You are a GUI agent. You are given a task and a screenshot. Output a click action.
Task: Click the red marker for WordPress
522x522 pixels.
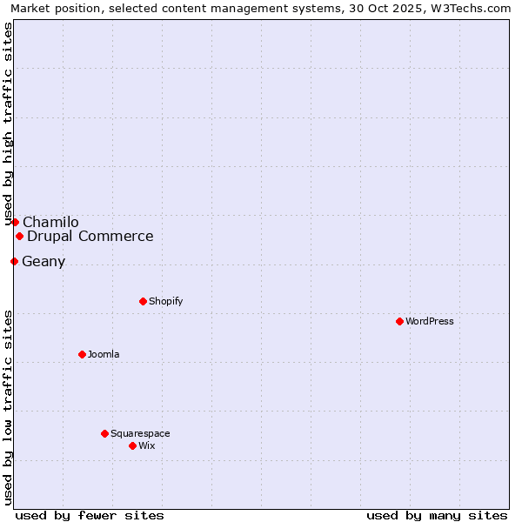(x=399, y=321)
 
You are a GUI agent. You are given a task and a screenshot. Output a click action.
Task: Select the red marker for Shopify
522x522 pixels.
(x=143, y=301)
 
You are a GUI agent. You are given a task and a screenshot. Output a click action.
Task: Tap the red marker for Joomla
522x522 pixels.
(x=82, y=354)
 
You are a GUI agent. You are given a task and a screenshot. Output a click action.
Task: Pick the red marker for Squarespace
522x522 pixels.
(x=104, y=433)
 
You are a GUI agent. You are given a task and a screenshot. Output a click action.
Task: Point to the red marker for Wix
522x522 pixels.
(x=132, y=445)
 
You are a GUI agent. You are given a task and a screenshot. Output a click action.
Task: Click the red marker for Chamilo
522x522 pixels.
(x=15, y=222)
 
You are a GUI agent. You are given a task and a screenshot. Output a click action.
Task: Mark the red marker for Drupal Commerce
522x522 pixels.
(x=19, y=236)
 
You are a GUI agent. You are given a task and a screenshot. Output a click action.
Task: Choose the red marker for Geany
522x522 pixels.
(x=14, y=261)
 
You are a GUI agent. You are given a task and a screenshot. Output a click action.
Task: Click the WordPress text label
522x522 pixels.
(x=430, y=321)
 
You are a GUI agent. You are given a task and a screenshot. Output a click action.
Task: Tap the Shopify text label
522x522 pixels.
(x=165, y=301)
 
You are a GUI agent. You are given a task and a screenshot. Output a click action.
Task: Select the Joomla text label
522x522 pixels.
(x=104, y=354)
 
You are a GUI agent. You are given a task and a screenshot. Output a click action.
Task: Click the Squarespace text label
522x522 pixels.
(x=140, y=433)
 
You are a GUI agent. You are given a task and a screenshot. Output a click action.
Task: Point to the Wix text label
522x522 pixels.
(x=147, y=445)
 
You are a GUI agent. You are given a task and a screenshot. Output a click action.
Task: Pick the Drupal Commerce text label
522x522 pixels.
(x=90, y=236)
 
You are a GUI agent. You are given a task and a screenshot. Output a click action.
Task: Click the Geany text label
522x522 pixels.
(x=43, y=261)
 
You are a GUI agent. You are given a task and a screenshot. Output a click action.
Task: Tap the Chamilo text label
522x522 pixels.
(x=50, y=222)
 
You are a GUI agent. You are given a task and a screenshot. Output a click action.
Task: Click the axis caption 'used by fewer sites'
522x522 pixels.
(x=90, y=515)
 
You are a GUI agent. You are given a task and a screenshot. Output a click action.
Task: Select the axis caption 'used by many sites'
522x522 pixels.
(x=437, y=515)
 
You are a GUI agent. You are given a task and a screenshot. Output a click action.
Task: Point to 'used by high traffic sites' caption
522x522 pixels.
(x=8, y=124)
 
